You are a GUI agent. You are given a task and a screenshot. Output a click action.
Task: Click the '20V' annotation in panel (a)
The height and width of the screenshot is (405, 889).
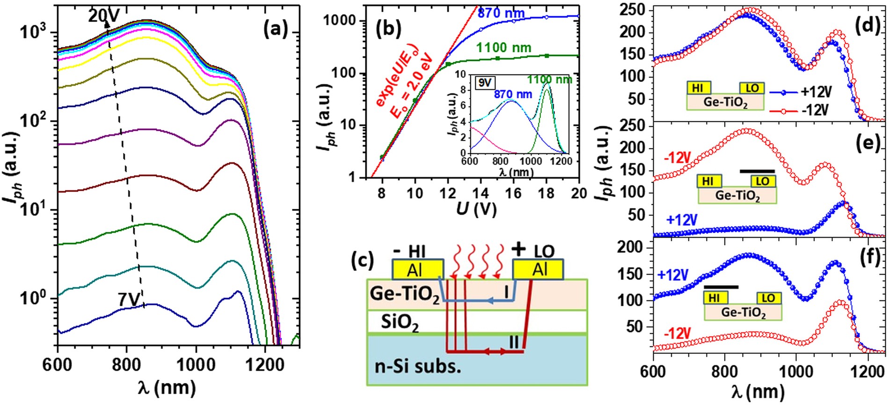tap(104, 16)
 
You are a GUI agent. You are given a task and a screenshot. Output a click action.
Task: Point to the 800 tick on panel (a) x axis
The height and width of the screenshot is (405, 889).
tap(126, 365)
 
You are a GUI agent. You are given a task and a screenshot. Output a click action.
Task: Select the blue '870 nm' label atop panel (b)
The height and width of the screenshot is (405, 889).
tap(501, 13)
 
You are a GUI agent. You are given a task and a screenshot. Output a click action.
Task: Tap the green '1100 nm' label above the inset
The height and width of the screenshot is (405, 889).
tap(503, 48)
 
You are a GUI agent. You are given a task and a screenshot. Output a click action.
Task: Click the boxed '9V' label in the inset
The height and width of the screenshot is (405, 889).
tap(485, 83)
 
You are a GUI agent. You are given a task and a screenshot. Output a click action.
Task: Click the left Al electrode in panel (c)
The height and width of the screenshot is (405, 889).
tap(417, 270)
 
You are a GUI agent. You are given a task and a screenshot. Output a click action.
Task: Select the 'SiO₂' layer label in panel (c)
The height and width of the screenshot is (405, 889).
tap(400, 323)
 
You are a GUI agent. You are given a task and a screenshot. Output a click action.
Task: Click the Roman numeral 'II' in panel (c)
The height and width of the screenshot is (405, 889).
tap(514, 342)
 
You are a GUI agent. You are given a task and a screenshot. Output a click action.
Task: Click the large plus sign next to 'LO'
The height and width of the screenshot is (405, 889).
tap(518, 249)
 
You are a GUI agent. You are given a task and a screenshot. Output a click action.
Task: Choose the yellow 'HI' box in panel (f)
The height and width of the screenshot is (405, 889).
tap(714, 298)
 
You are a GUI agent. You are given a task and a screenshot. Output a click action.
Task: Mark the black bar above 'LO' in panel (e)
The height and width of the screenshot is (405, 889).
tap(757, 171)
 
